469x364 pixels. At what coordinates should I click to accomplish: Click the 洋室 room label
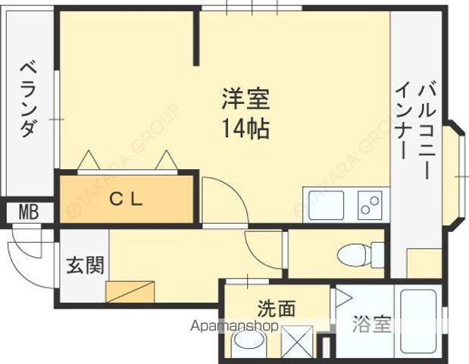click(x=245, y=99)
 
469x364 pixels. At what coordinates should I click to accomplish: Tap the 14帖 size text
click(x=245, y=129)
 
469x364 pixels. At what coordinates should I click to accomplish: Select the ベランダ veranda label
click(x=29, y=99)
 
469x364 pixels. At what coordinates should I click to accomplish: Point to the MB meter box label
click(x=29, y=212)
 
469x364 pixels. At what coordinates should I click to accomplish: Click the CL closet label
click(x=126, y=199)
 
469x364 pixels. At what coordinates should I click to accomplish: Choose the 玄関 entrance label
click(x=86, y=265)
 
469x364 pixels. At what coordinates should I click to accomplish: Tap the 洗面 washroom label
click(x=277, y=308)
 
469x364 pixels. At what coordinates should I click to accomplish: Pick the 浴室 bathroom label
click(x=372, y=324)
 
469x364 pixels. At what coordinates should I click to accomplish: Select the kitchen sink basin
click(x=326, y=206)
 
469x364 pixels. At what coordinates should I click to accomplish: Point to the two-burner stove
click(x=371, y=206)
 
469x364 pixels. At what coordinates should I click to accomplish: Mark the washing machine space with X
click(x=297, y=342)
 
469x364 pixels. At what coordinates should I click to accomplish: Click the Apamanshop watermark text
click(x=235, y=326)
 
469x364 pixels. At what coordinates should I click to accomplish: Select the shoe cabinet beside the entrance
click(x=130, y=291)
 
